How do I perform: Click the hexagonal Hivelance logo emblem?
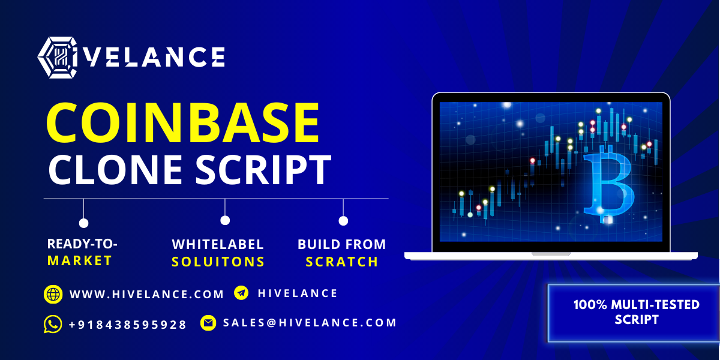point(58,58)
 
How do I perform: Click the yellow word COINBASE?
point(183,122)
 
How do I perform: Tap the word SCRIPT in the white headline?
point(263,169)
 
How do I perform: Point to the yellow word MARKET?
point(79,260)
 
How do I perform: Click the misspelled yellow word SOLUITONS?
point(218,262)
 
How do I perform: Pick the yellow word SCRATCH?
point(341,262)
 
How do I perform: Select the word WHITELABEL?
point(218,244)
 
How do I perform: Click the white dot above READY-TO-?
point(83,223)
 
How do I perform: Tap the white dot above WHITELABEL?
point(225,221)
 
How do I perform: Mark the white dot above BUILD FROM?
point(343,221)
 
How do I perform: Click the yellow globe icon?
point(53,294)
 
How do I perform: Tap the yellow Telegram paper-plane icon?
point(241,293)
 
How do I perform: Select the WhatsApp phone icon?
point(53,324)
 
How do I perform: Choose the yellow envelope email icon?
point(208,323)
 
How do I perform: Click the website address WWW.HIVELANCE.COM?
point(146,295)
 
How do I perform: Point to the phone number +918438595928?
point(128,325)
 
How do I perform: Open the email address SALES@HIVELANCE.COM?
point(310,323)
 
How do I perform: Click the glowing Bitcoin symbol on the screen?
point(609,184)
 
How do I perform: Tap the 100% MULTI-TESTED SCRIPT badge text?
point(637,312)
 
